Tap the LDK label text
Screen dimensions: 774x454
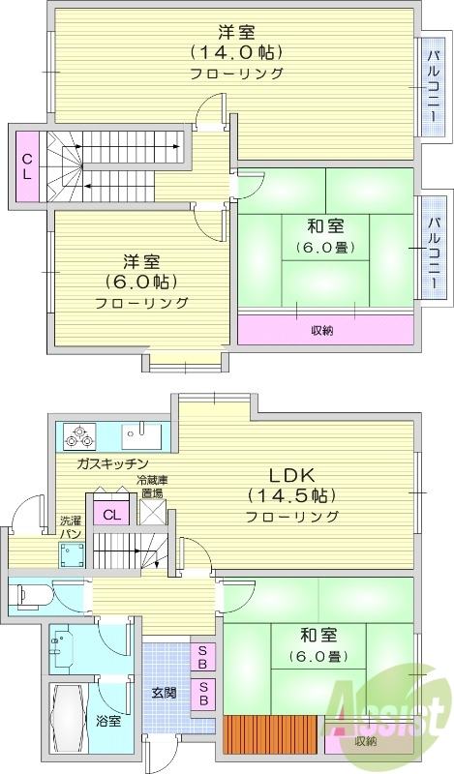291,475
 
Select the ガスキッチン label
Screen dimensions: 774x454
112,463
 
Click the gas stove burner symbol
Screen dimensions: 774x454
76,437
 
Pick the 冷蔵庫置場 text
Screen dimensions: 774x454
151,486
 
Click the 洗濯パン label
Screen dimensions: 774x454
71,526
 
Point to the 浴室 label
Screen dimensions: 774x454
108,720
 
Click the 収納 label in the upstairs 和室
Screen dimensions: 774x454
322,330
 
